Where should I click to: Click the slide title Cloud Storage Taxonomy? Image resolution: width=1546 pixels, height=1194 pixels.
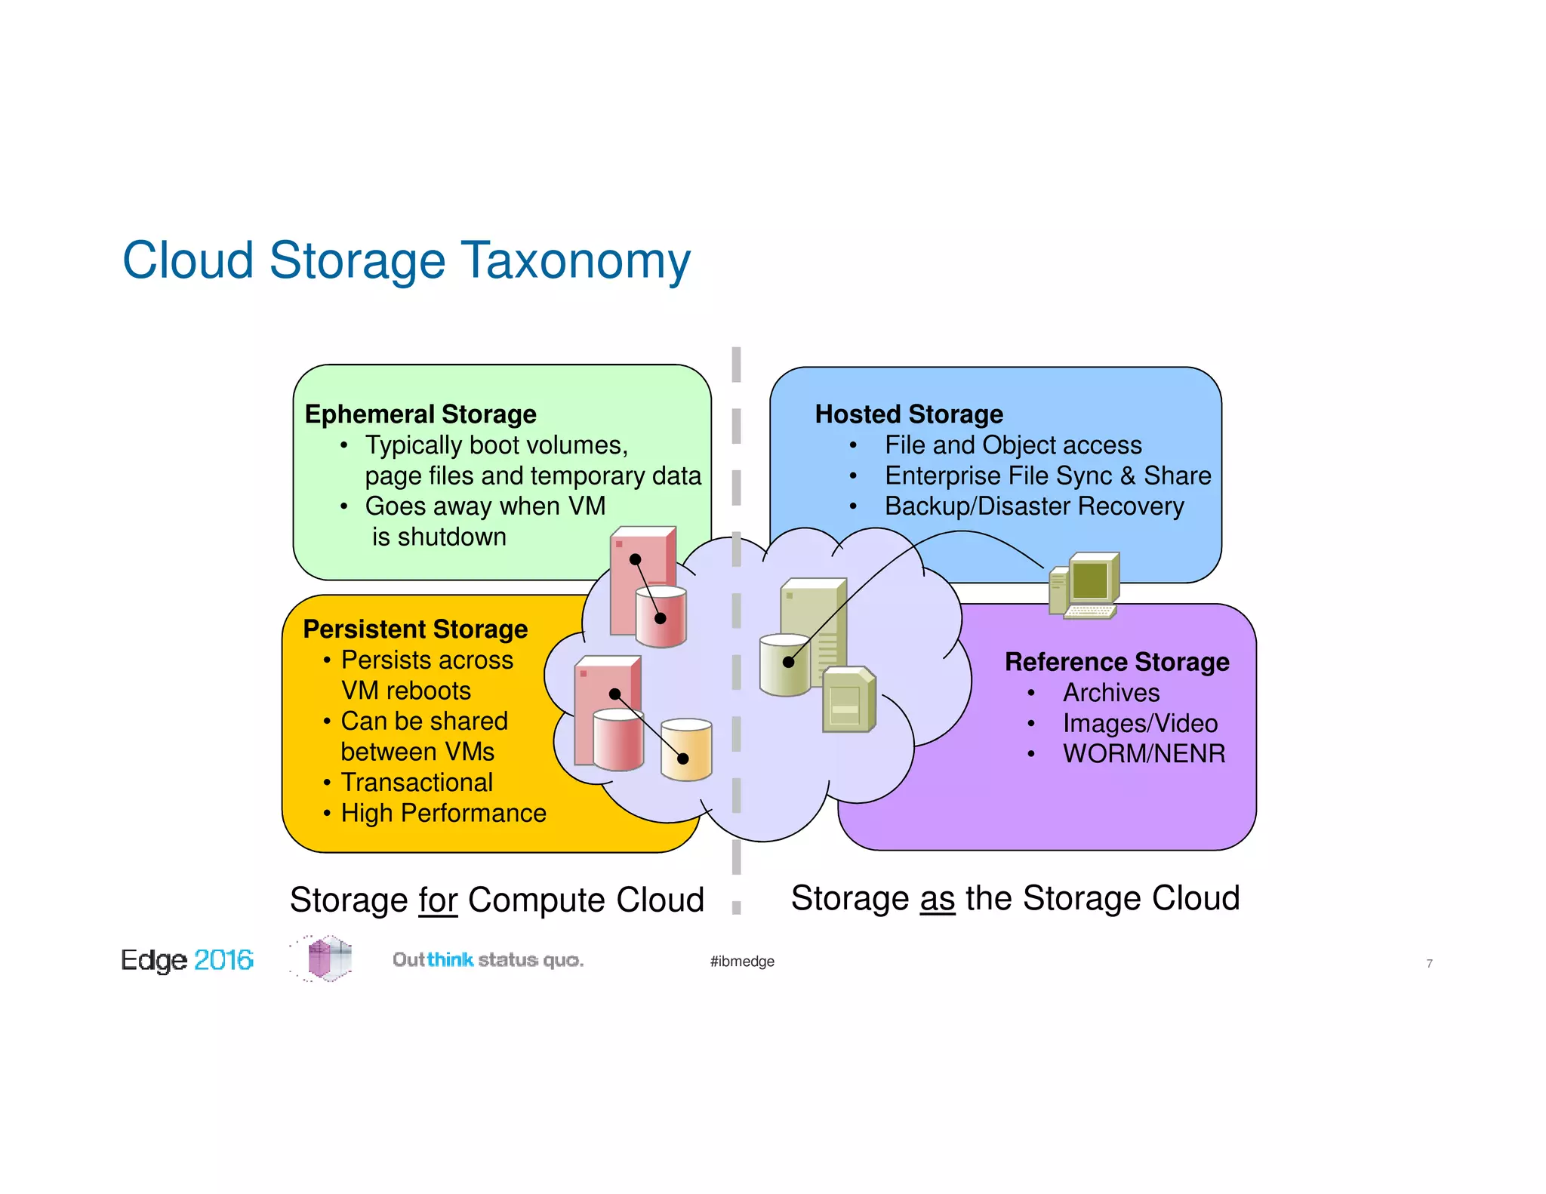click(x=406, y=260)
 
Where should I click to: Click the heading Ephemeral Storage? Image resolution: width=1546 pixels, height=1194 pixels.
click(x=420, y=414)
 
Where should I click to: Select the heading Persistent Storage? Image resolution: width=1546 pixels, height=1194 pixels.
click(x=415, y=629)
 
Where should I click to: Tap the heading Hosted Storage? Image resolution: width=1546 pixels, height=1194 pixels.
click(x=909, y=414)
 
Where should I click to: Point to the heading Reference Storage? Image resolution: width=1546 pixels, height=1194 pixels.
click(x=1116, y=662)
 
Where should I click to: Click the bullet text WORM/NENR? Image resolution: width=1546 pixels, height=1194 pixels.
click(x=1144, y=753)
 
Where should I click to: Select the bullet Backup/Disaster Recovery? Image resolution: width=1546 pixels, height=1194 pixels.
click(x=1034, y=506)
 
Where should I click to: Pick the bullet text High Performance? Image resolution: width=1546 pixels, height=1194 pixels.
click(x=443, y=813)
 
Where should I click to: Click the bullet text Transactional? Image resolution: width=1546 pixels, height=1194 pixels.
click(x=417, y=783)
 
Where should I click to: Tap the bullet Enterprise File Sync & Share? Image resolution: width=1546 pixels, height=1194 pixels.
click(x=1048, y=475)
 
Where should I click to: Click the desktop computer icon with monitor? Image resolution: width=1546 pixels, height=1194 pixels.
click(x=1085, y=585)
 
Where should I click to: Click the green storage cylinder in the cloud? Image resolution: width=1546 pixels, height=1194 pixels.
click(x=784, y=666)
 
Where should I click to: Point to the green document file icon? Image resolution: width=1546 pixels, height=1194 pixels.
click(x=848, y=700)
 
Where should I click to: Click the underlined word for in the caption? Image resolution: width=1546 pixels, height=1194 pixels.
click(x=439, y=900)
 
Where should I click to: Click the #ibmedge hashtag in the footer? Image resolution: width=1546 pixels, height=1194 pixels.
click(x=742, y=961)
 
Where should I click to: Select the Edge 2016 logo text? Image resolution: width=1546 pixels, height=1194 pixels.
click(x=187, y=960)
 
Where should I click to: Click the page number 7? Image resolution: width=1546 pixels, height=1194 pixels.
click(x=1429, y=964)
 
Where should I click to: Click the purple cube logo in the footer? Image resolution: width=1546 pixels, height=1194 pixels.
click(x=328, y=959)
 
